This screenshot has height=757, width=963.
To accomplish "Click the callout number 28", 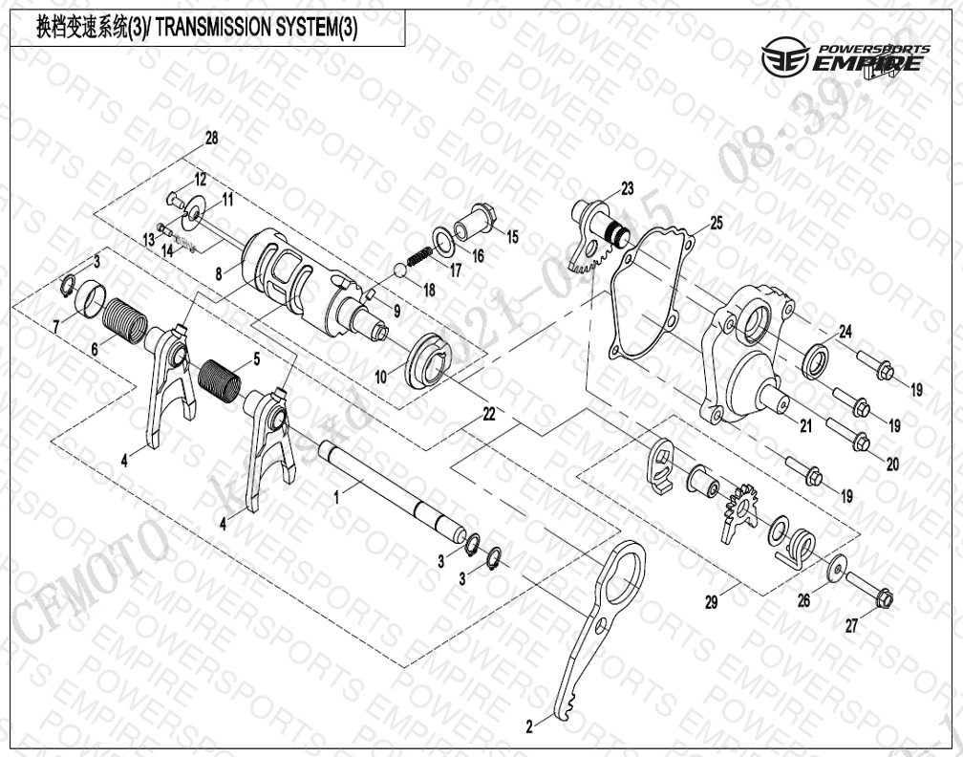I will click(x=211, y=138).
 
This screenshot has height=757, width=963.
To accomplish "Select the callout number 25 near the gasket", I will click(x=717, y=223).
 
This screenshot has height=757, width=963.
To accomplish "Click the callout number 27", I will click(x=851, y=626).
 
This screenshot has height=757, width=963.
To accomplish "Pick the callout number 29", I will click(x=711, y=601).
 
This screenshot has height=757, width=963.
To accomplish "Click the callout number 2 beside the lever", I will click(x=528, y=727).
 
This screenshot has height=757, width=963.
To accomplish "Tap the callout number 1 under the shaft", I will click(x=335, y=497).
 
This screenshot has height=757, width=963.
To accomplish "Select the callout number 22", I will click(x=488, y=414).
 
